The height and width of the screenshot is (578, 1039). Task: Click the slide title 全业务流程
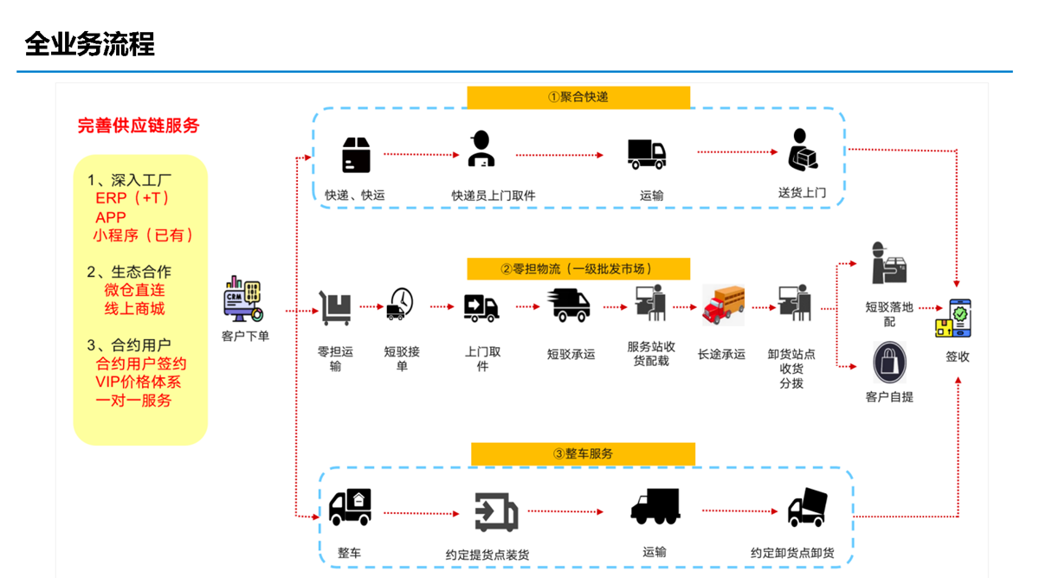coord(90,43)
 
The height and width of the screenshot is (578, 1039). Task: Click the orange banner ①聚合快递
coord(578,97)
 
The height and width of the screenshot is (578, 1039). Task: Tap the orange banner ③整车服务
coord(583,453)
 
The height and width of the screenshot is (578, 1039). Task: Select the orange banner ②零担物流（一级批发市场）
coord(578,269)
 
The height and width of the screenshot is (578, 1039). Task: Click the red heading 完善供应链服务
coord(139,125)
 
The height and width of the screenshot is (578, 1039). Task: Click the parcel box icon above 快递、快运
coord(356,155)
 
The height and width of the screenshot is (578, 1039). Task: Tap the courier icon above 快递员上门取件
coord(481,150)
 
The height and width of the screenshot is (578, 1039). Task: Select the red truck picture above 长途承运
coord(722,305)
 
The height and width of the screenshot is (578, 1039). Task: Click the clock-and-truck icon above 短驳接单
coord(399,305)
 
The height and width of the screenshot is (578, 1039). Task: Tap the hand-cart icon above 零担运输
coord(335,308)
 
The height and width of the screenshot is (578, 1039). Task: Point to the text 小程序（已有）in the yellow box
coord(144,235)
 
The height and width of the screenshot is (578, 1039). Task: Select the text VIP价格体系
coord(139,382)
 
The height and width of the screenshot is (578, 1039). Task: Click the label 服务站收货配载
coord(651,354)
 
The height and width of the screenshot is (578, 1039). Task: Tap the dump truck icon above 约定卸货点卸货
coord(807,508)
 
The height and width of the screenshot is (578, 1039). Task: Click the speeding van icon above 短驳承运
coord(569,305)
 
